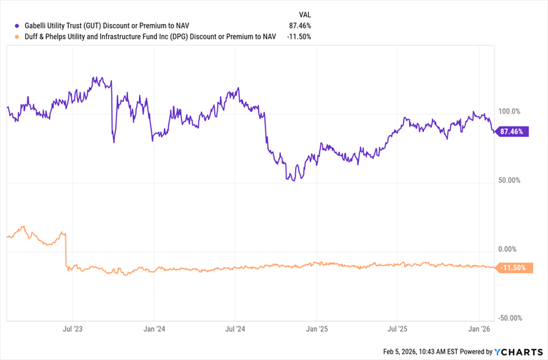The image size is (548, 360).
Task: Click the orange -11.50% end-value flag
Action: (x=512, y=268)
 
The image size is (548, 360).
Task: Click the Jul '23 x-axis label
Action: (x=73, y=329)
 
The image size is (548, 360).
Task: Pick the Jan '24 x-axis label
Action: (x=153, y=329)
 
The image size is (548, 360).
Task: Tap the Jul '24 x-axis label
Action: (x=235, y=329)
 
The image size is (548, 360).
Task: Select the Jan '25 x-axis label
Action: (x=316, y=329)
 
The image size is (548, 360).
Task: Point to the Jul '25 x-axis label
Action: (x=397, y=329)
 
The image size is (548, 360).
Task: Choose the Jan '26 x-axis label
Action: (x=480, y=329)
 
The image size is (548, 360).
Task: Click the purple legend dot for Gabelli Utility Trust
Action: (x=9, y=25)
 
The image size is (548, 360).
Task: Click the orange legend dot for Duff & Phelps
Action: (x=9, y=36)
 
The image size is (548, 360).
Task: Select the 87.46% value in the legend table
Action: (x=300, y=25)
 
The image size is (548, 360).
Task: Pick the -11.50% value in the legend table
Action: (x=299, y=36)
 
